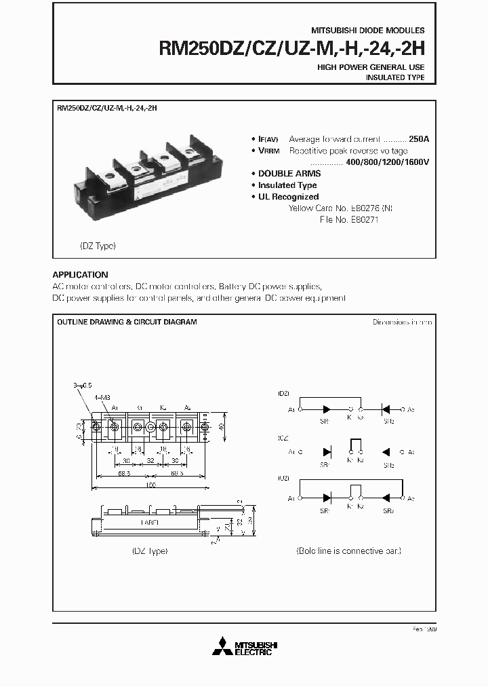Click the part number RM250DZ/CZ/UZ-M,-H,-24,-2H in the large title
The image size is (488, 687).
pyautogui.click(x=291, y=50)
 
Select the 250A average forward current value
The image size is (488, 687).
pyautogui.click(x=419, y=138)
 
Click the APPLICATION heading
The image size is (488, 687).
pyautogui.click(x=80, y=275)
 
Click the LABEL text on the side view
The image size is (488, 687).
pyautogui.click(x=151, y=523)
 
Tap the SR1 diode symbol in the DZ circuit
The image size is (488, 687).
pyautogui.click(x=329, y=410)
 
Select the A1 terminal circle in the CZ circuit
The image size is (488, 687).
pyautogui.click(x=300, y=452)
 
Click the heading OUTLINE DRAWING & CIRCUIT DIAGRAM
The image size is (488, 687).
pyautogui.click(x=127, y=322)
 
